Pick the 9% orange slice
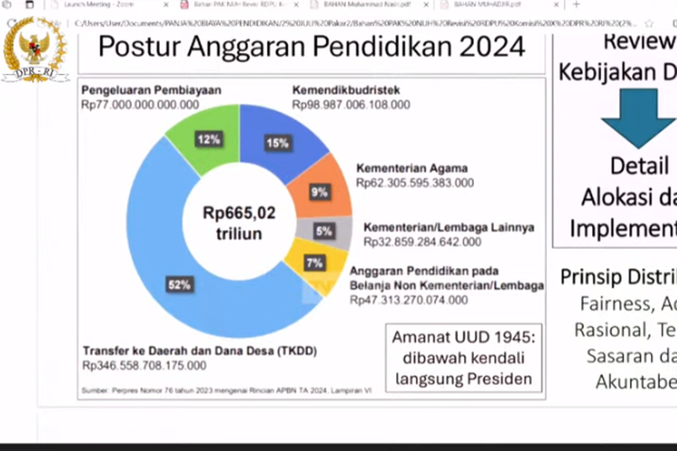coord(320,192)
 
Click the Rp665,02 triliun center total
coord(239,223)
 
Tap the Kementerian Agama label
coord(411,169)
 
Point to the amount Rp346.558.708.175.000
coord(144,365)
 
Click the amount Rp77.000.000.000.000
coord(140,105)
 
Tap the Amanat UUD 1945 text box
coord(464,357)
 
